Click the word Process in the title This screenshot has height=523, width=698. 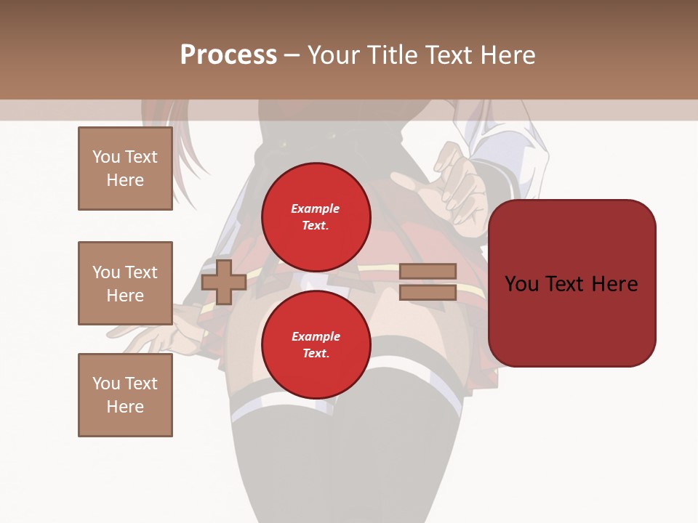[x=228, y=55]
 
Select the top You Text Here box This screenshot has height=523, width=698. [x=125, y=169]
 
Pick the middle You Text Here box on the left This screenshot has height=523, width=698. [x=125, y=283]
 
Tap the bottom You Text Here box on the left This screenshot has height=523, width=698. [x=125, y=395]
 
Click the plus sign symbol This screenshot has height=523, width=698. [x=224, y=282]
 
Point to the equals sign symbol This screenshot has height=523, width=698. [x=428, y=282]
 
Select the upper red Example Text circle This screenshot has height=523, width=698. [x=316, y=216]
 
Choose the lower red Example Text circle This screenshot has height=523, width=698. [x=316, y=345]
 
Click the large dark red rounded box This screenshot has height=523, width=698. [x=571, y=283]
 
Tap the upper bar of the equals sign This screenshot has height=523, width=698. [x=428, y=272]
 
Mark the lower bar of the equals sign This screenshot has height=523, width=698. [x=428, y=292]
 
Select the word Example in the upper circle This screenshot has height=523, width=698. [x=316, y=208]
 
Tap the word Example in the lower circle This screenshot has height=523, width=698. [x=316, y=336]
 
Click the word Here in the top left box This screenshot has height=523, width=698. [x=125, y=180]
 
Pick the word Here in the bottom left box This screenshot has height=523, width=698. [x=125, y=407]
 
